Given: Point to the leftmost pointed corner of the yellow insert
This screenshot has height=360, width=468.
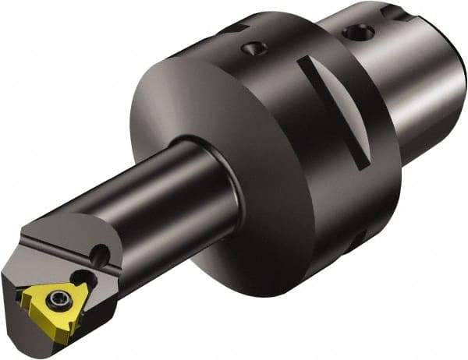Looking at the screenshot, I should coord(23,294).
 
